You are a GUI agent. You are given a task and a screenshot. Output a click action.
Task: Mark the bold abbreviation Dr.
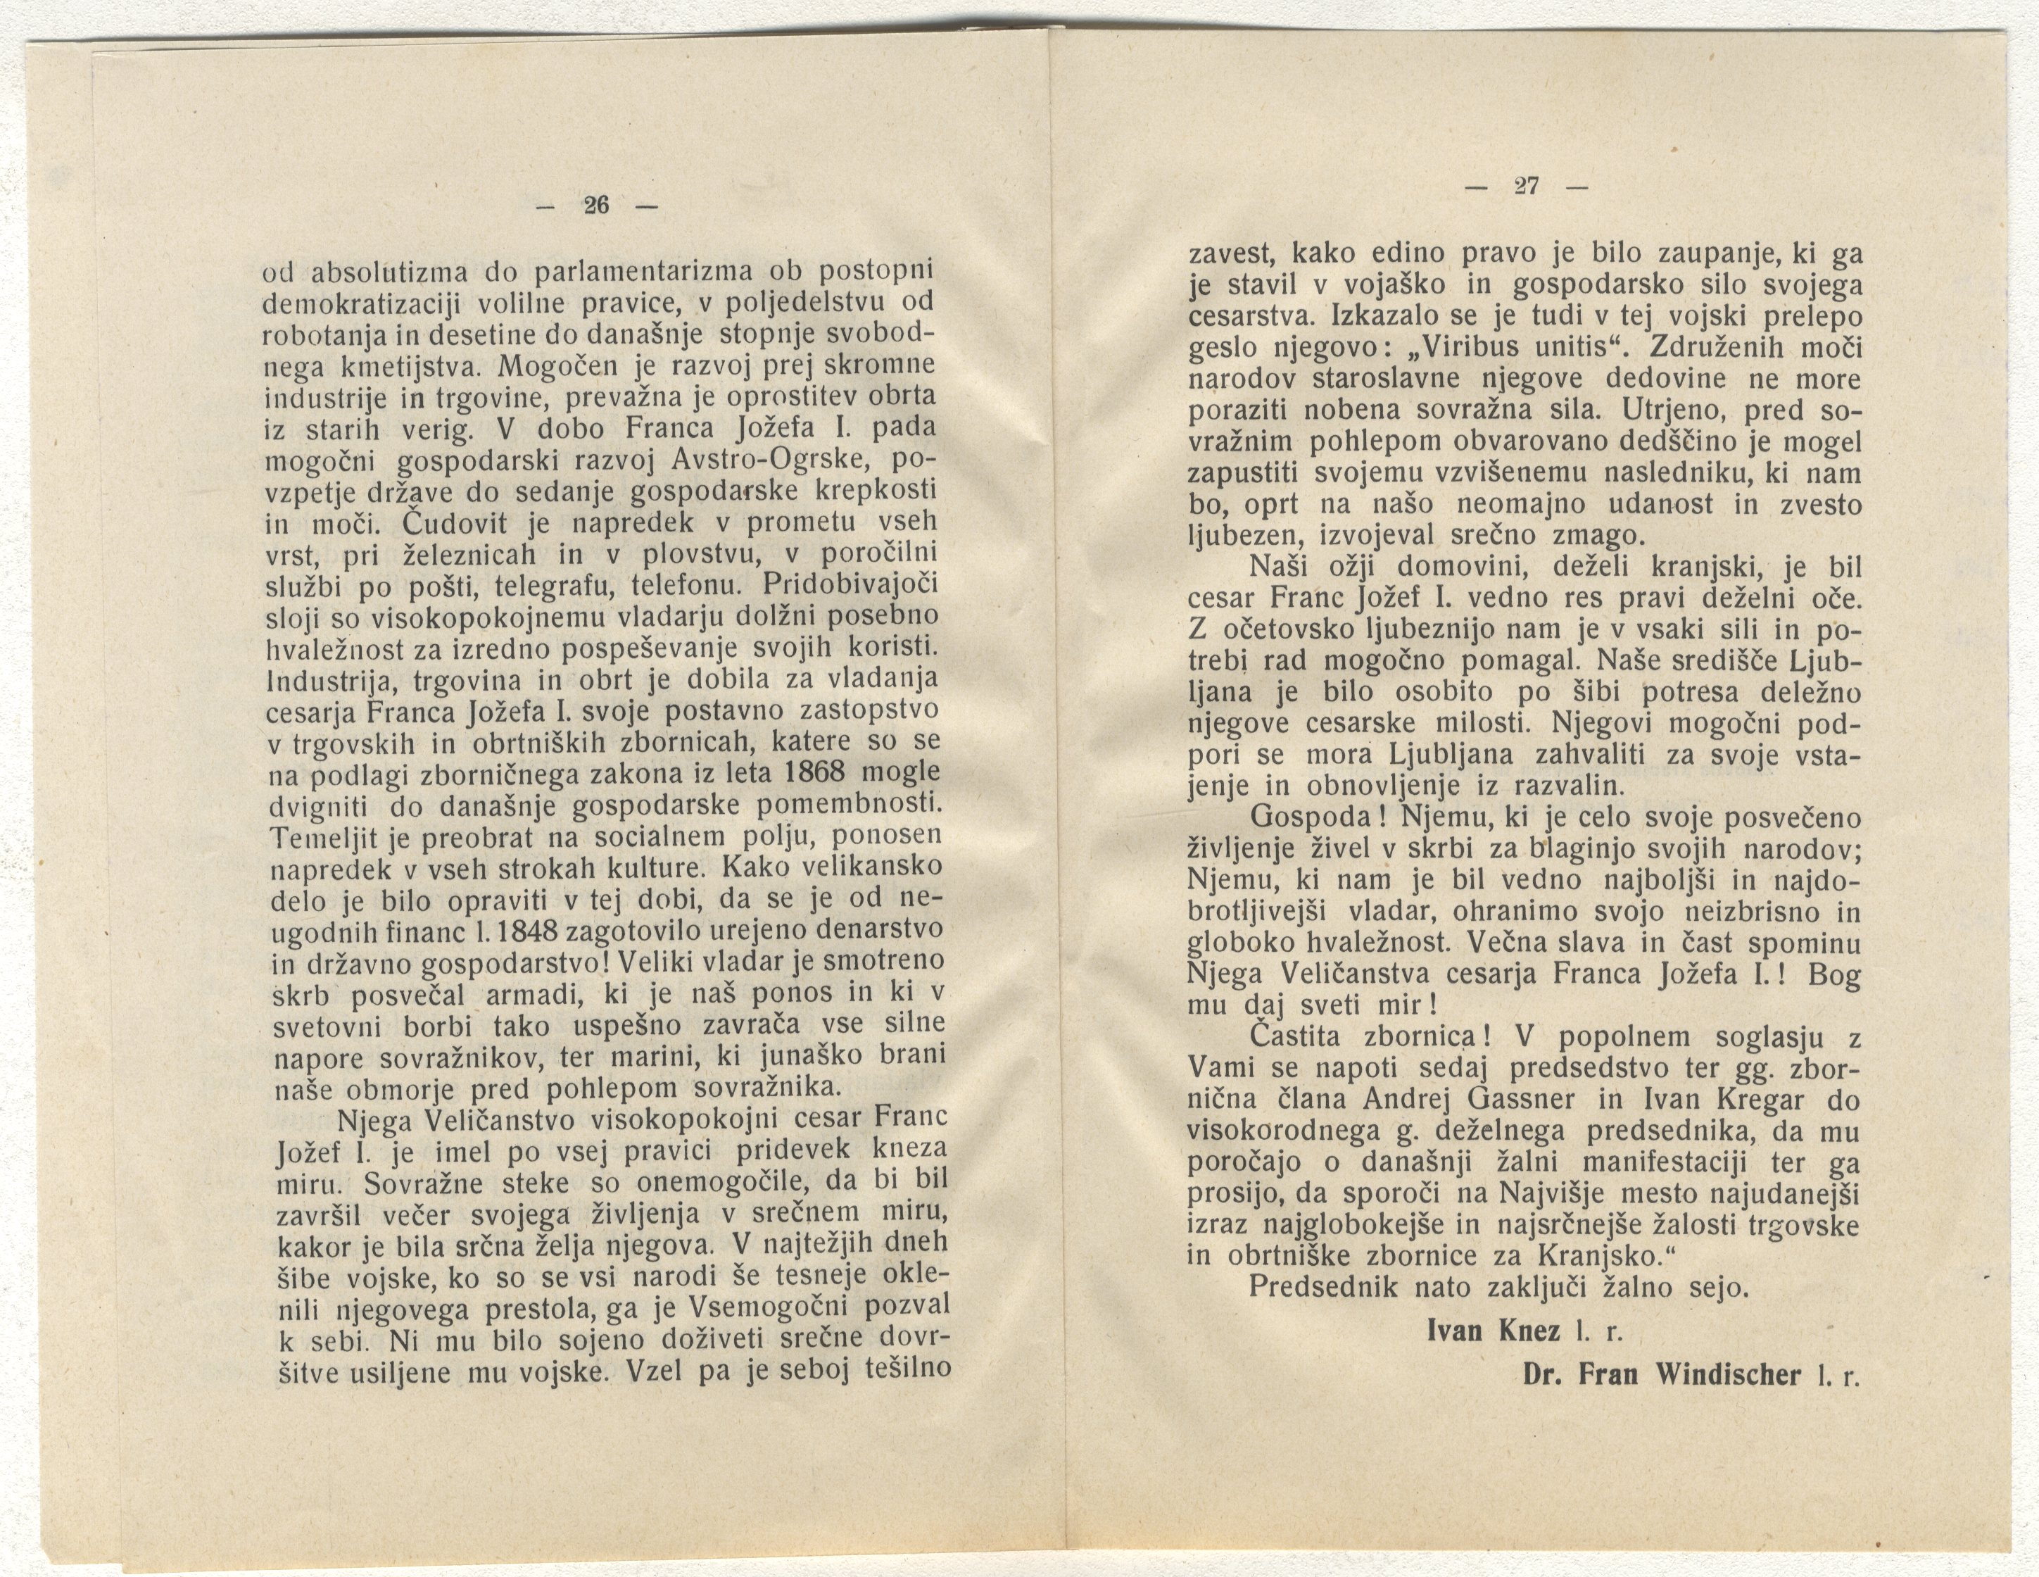[1541, 1376]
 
